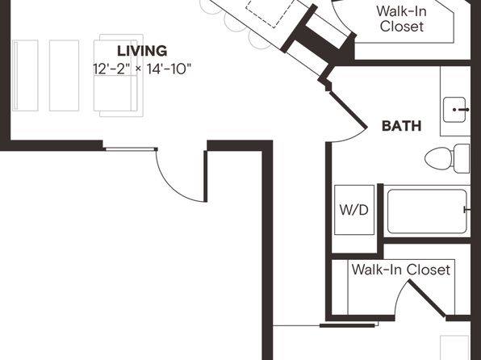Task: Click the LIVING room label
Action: click(x=142, y=51)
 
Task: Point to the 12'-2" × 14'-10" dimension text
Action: click(x=142, y=69)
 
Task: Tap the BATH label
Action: click(x=401, y=126)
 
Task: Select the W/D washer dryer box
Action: click(x=354, y=210)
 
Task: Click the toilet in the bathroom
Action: click(x=447, y=158)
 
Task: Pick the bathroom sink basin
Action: click(x=454, y=110)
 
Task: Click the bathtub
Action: click(x=427, y=211)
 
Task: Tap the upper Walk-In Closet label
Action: click(x=402, y=19)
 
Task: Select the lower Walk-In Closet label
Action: click(x=401, y=270)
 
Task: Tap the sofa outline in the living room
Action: click(x=119, y=76)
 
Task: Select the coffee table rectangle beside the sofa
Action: click(x=64, y=76)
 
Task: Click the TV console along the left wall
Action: click(x=25, y=76)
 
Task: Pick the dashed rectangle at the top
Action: click(x=270, y=12)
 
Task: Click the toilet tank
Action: click(x=462, y=158)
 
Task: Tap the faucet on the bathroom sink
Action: click(x=461, y=110)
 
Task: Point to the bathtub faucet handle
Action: click(x=466, y=210)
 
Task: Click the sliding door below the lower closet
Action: click(x=347, y=325)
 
